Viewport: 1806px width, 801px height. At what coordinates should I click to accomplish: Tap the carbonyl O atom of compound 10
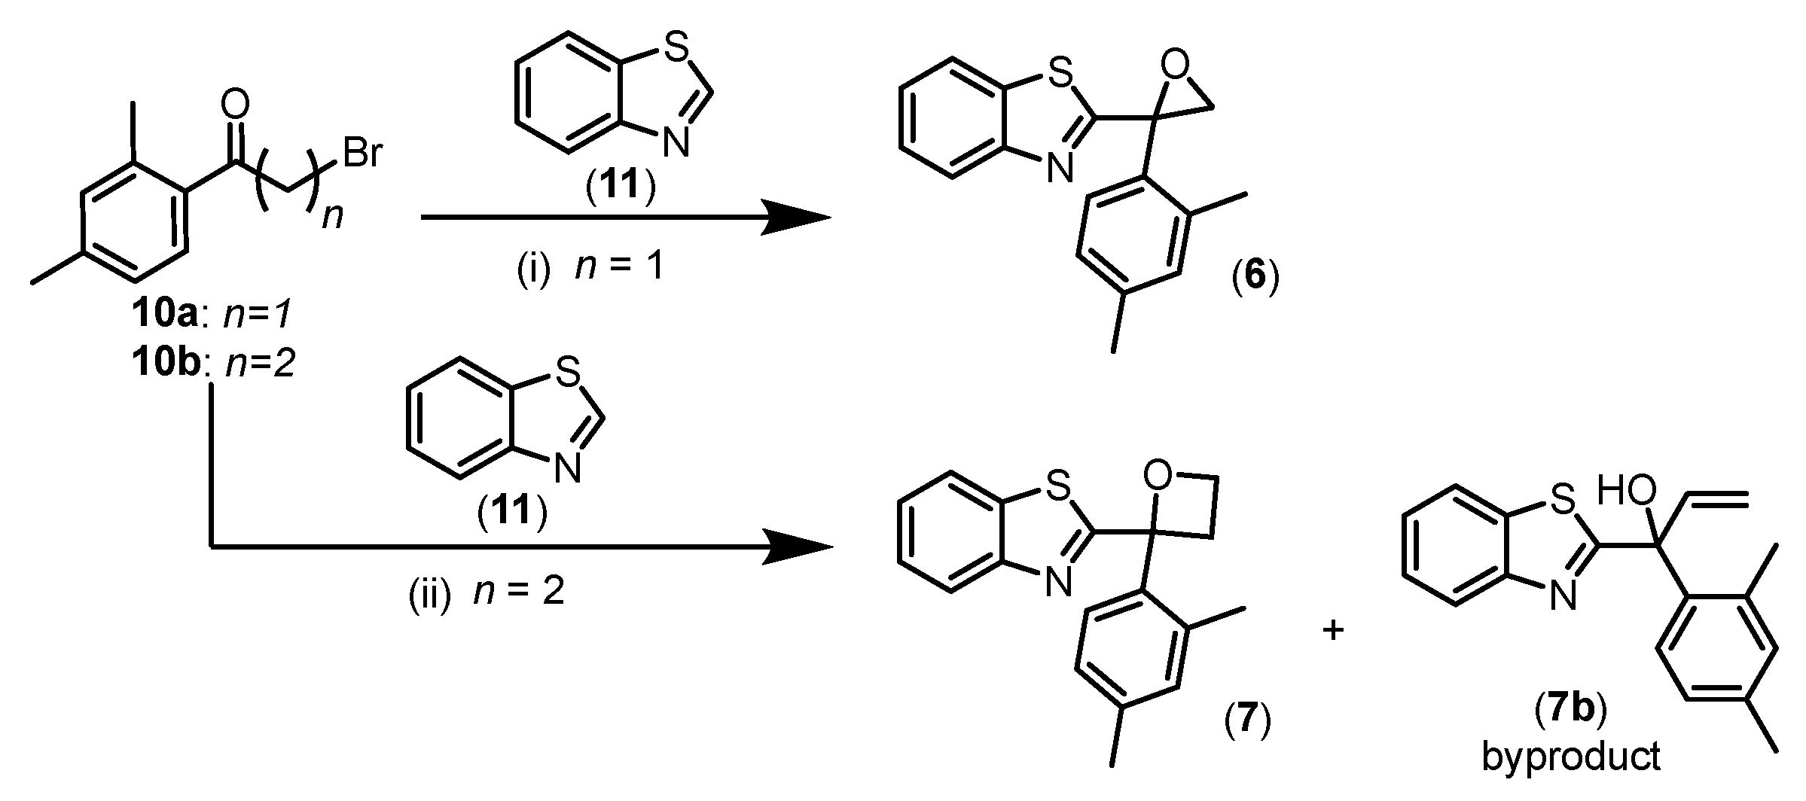[235, 106]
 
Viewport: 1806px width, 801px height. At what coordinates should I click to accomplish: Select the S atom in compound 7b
[1563, 498]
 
